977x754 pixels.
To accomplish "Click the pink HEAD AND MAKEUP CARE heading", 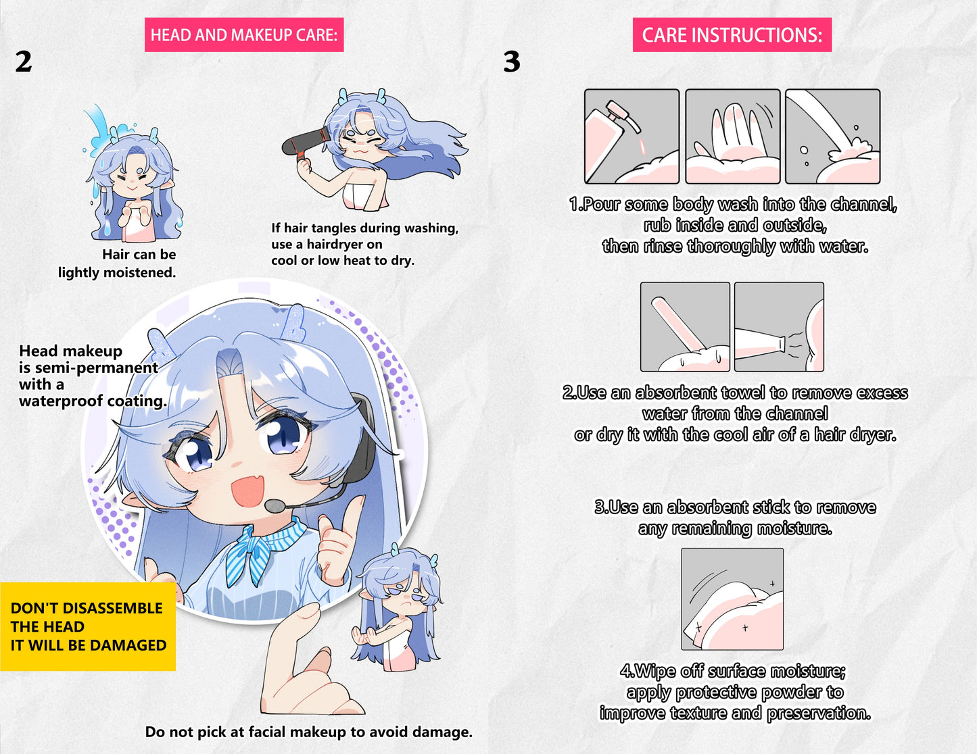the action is [244, 34].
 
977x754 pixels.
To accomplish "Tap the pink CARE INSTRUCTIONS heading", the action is [732, 34].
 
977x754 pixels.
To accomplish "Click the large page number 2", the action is [24, 61].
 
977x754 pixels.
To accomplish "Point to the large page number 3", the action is [512, 61].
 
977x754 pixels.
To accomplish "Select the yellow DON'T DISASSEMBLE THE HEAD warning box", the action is [88, 626].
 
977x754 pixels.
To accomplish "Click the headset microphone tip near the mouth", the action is [275, 506].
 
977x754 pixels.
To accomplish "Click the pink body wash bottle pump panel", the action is [632, 136].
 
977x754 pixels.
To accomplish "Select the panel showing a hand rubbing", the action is [732, 136].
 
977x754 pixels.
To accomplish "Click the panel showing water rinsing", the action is [833, 136].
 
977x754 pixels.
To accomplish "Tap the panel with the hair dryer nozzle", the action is [779, 326].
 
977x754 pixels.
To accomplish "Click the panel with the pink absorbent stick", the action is [685, 326].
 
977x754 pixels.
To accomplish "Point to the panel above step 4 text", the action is [732, 599].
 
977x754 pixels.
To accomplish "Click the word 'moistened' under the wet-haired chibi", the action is [139, 272].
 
